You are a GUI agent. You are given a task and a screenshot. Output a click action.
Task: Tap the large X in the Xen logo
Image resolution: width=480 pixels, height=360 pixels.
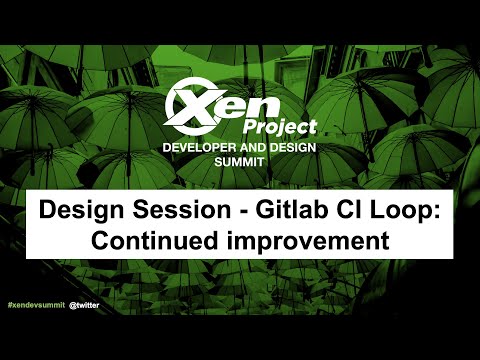(x=190, y=103)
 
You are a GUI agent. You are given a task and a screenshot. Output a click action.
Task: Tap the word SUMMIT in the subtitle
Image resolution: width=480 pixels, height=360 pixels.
(x=239, y=161)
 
